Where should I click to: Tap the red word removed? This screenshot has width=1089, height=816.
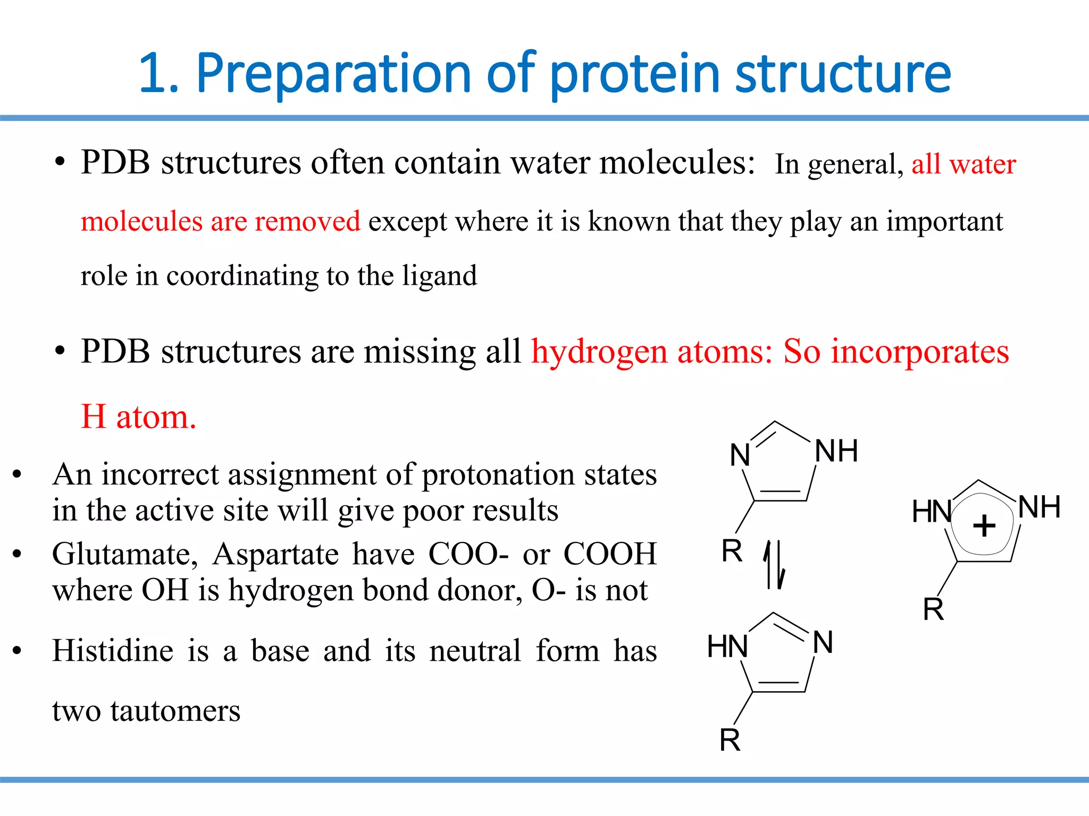pos(307,220)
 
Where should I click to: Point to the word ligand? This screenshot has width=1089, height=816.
pos(439,275)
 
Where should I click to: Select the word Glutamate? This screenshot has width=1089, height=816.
pos(125,554)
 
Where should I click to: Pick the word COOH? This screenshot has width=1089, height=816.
pos(610,554)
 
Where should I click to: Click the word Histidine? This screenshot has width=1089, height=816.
pos(113,651)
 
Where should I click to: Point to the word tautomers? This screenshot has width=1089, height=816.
pos(175,710)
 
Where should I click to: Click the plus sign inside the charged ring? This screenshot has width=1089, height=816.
pos(984,526)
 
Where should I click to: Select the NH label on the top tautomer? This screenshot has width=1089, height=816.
pos(836,451)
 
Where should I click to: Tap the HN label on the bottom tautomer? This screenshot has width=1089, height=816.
pos(727,647)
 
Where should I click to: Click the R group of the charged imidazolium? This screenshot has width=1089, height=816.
pos(933,609)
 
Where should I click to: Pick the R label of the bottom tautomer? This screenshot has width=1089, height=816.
pos(730,740)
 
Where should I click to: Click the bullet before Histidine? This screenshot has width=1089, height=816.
pos(18,650)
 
